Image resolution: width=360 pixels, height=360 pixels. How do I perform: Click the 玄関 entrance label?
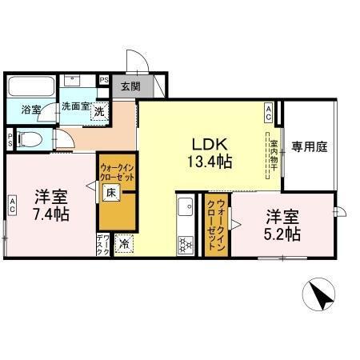(130, 86)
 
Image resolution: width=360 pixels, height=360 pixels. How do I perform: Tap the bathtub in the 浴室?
(29, 86)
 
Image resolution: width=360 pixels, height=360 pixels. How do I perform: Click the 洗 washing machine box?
(98, 111)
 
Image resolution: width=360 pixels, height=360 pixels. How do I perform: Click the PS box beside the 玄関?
(104, 80)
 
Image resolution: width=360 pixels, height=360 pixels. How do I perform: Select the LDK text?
(210, 145)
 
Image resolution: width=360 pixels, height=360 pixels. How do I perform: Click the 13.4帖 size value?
(210, 162)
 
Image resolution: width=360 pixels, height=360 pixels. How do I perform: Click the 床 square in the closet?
(112, 193)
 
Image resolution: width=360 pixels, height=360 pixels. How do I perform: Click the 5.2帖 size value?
(283, 234)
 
